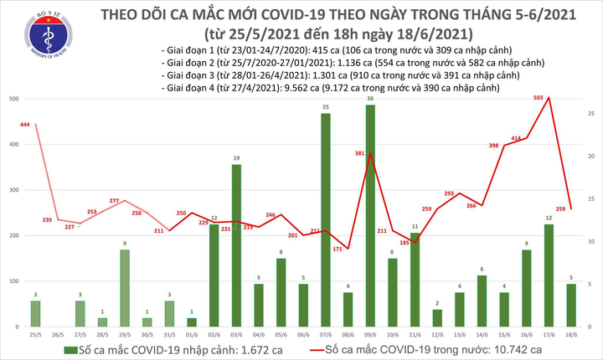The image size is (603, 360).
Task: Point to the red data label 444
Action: pos(25,124)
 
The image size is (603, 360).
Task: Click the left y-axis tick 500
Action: pos(15,100)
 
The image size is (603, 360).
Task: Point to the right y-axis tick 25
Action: pos(591,113)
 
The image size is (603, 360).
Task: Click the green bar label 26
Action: pos(370,99)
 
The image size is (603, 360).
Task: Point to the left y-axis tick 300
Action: pos(15,190)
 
